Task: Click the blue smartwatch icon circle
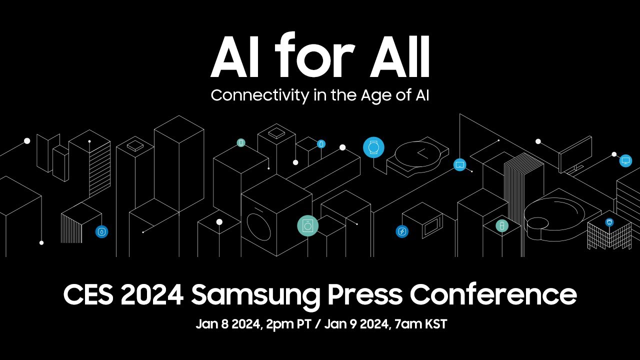point(373,147)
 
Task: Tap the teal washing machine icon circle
point(307,225)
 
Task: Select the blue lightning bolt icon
point(402,231)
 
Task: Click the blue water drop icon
point(101,231)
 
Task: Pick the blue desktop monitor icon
point(625,160)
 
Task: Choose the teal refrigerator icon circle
point(502,225)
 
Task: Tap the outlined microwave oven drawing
point(423,220)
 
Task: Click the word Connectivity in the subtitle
point(259,95)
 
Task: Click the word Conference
point(493,294)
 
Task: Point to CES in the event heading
point(88,294)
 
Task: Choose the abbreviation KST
point(436,324)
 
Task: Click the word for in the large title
point(315,55)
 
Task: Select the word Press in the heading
point(365,294)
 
